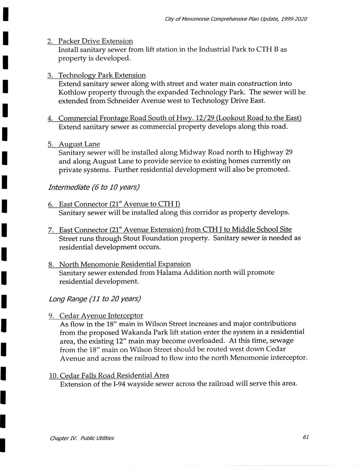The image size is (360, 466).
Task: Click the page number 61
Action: [x=306, y=437]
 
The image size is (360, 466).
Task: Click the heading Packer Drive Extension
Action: [x=95, y=41]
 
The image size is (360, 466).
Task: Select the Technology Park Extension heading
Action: [x=102, y=75]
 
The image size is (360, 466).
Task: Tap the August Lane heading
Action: [x=79, y=144]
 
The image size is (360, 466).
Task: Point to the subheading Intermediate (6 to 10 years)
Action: [x=94, y=187]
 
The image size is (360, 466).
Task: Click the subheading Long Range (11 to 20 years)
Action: [x=95, y=299]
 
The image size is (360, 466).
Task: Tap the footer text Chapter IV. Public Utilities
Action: [x=82, y=438]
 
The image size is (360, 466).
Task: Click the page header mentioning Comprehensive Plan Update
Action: [x=236, y=19]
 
